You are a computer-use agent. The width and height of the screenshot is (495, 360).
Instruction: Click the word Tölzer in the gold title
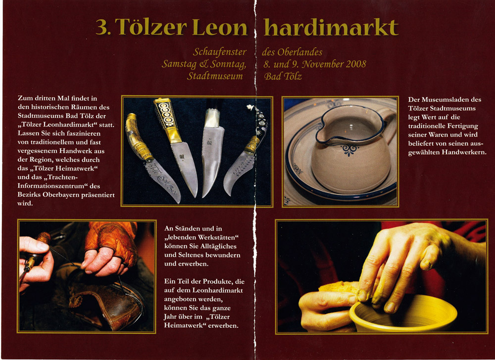point(150,27)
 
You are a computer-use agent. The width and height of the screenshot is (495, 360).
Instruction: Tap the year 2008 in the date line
point(356,64)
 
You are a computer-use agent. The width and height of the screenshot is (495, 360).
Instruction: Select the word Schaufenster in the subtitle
point(220,52)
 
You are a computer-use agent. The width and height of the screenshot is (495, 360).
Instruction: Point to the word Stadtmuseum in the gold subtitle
point(215,76)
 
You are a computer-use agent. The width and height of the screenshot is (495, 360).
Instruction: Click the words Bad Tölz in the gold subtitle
point(283,76)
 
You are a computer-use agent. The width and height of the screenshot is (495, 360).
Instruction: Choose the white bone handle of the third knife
point(211,118)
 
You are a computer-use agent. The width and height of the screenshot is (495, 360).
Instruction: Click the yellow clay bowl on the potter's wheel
point(403,314)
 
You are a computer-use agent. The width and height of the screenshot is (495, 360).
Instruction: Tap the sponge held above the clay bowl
point(338,287)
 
